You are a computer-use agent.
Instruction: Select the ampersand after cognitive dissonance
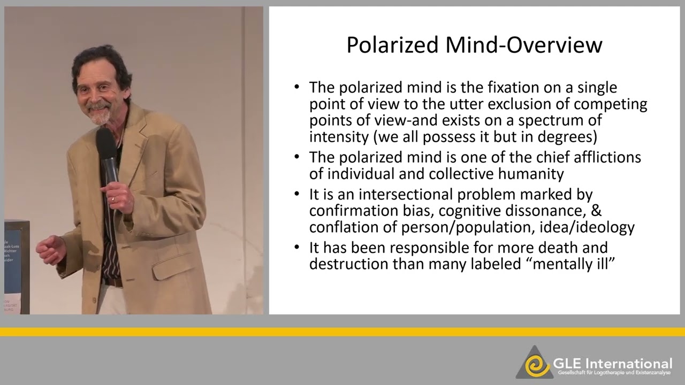596,211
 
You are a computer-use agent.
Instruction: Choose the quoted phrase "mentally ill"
574,264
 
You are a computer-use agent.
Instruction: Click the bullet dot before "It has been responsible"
297,248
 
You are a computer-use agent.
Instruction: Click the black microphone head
105,142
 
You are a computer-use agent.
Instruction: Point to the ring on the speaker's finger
112,199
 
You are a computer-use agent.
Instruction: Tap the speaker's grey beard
100,117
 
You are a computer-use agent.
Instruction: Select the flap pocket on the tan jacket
170,266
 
